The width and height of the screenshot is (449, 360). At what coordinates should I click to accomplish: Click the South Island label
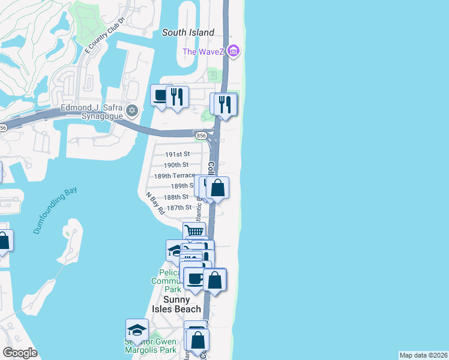(188, 32)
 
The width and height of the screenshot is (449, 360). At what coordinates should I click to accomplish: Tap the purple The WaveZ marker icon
(234, 51)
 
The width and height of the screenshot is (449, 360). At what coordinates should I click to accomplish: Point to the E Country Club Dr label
(104, 35)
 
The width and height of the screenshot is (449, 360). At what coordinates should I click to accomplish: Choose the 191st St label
(177, 154)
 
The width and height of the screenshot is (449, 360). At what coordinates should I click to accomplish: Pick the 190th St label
(176, 165)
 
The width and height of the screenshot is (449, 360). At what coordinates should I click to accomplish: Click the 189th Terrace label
(174, 176)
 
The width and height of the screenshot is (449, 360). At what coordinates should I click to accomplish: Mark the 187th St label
(179, 208)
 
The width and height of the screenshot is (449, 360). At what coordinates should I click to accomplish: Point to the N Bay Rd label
(155, 203)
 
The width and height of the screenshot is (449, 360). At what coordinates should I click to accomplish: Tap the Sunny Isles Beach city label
(182, 304)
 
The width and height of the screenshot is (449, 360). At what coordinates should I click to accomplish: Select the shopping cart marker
(194, 232)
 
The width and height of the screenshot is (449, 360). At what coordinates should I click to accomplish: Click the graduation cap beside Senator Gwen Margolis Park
(137, 330)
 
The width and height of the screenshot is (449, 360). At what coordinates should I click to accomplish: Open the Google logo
(20, 353)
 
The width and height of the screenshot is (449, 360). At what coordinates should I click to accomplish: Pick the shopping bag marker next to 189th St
(217, 188)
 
